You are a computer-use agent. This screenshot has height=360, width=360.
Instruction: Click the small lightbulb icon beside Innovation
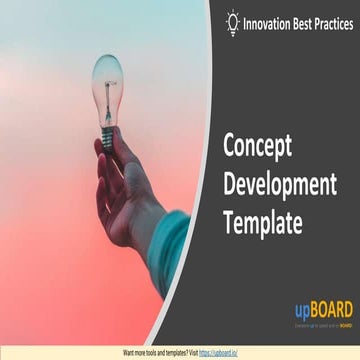pos(233,21)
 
